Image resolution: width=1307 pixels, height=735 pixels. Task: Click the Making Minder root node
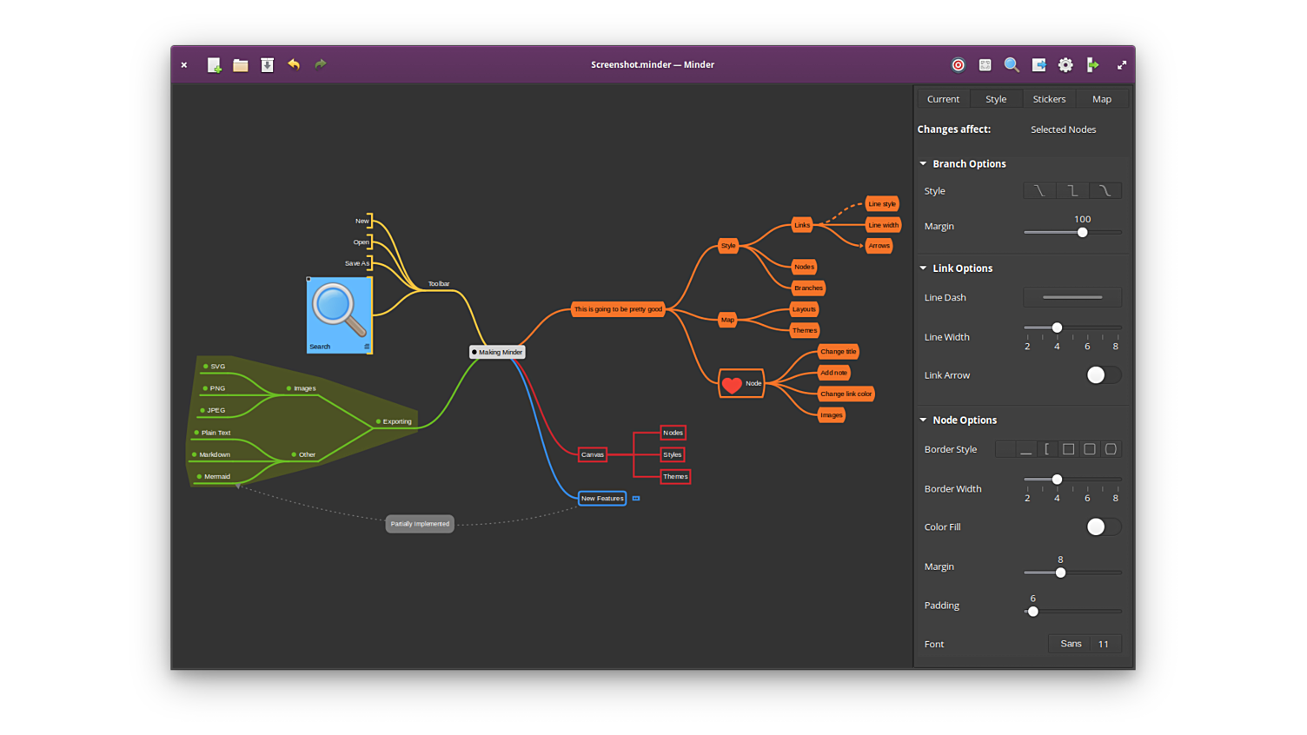pos(498,352)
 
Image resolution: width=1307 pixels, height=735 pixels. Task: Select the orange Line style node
pos(882,204)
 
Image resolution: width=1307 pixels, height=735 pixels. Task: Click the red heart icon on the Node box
pos(733,384)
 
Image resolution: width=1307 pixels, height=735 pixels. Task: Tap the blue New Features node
pos(602,499)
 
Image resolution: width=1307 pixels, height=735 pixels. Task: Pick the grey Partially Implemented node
pos(420,524)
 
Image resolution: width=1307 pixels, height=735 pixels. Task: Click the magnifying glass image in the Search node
pos(338,309)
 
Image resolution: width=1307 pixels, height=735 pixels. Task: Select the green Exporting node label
pos(397,421)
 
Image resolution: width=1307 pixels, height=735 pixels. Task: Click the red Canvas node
pos(593,454)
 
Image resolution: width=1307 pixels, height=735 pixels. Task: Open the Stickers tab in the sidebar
pos(1049,99)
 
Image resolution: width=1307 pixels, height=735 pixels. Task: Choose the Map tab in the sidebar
pos(1102,99)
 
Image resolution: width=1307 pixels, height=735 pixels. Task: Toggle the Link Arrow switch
pos(1103,375)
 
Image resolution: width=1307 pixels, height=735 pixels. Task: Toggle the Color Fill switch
pos(1103,526)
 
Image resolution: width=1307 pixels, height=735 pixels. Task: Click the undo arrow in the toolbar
pos(294,64)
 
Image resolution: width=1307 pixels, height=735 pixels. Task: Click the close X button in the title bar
pos(184,65)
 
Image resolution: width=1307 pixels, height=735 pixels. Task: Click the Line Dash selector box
pos(1072,297)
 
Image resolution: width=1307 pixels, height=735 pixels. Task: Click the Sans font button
pos(1071,644)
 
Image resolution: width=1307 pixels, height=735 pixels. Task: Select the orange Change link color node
pos(846,394)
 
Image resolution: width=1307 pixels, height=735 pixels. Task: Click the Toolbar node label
pos(439,284)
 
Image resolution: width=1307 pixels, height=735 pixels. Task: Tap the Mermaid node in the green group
pos(216,477)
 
